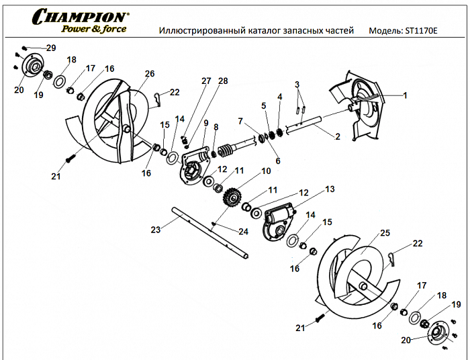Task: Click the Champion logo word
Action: point(79,16)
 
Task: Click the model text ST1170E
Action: point(421,31)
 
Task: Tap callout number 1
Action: point(405,95)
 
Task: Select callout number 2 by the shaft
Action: point(338,136)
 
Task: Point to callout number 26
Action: point(149,73)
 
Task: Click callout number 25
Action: point(385,233)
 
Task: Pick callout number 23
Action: point(156,230)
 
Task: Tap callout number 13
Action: point(329,190)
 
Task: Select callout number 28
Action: point(223,81)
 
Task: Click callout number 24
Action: point(242,232)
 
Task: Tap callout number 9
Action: point(207,122)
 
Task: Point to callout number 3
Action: point(295,84)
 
